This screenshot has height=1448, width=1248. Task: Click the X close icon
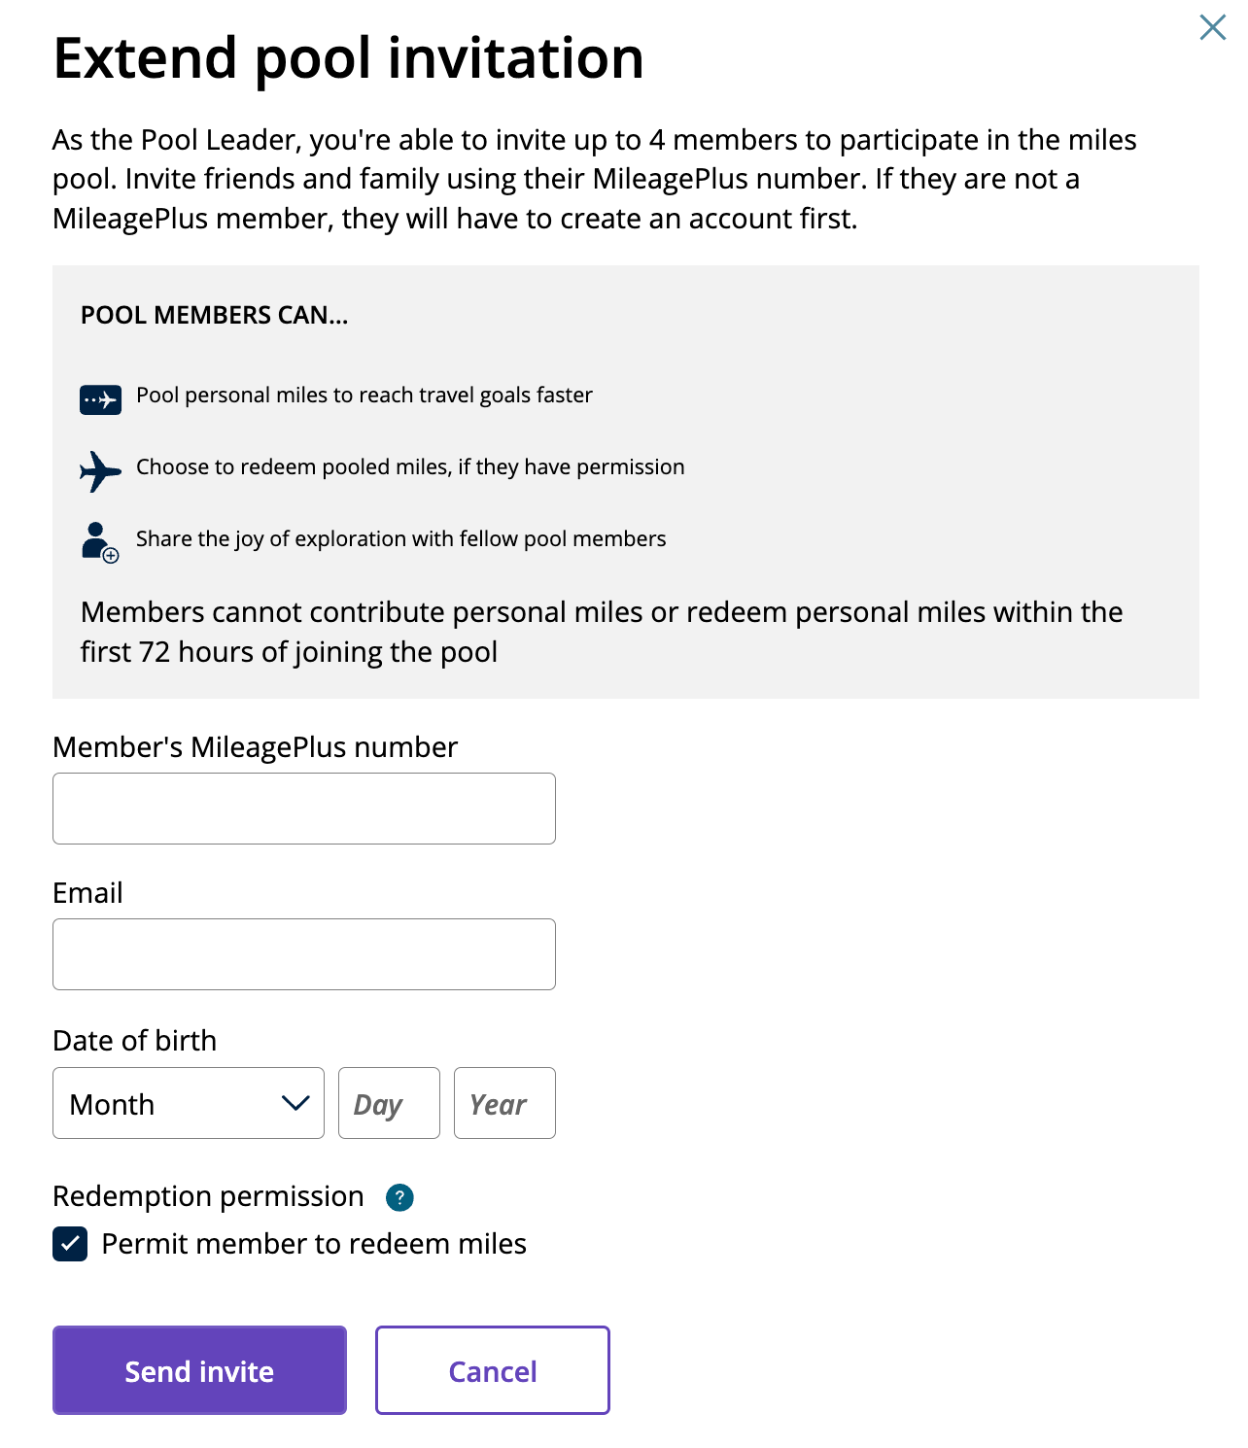pos(1212,27)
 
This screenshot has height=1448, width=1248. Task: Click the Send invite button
pos(199,1370)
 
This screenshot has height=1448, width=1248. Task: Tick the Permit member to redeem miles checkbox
pos(70,1244)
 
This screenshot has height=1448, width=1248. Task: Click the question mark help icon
pos(399,1197)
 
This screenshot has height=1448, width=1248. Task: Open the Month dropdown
pos(188,1103)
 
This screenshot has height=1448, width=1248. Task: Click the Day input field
pos(389,1103)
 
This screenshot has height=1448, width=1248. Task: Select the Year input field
pos(504,1103)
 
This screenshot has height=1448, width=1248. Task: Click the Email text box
pos(303,954)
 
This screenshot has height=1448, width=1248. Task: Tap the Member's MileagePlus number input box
pos(303,809)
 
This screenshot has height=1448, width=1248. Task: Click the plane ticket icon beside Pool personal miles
pos(100,399)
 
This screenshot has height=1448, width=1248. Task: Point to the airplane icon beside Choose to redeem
pos(100,471)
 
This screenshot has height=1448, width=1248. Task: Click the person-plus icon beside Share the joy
pos(99,542)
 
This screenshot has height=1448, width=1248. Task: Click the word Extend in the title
pos(145,58)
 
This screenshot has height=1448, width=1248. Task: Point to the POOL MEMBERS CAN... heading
pos(214,315)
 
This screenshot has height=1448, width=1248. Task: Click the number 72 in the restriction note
pos(155,652)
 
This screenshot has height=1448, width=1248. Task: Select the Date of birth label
pos(134,1041)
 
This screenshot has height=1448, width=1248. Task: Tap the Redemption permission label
pos(208,1196)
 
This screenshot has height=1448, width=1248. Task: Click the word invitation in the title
pos(515,58)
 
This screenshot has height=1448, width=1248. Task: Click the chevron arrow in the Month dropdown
pos(295,1103)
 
